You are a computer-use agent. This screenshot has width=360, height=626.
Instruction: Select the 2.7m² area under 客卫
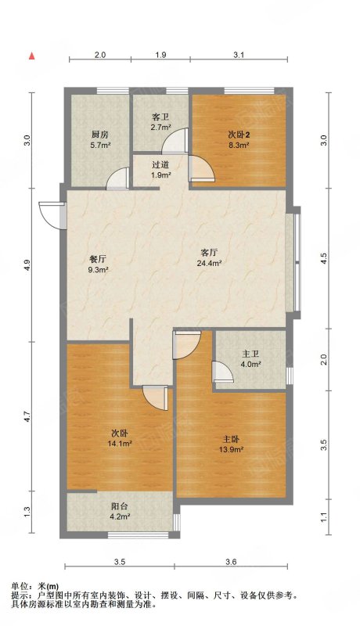click(x=161, y=128)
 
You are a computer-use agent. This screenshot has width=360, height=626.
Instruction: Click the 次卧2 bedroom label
click(x=239, y=135)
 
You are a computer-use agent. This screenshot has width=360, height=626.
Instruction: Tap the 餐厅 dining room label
click(x=98, y=259)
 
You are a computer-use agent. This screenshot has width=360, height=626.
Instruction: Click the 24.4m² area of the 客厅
click(x=209, y=263)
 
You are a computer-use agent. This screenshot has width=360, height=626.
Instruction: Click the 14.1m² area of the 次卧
click(x=120, y=443)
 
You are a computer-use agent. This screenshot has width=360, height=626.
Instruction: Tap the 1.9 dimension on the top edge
click(x=160, y=55)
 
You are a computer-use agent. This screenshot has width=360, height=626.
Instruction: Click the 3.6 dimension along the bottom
click(x=231, y=562)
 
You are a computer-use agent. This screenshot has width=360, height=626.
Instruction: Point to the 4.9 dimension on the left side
click(x=27, y=265)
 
